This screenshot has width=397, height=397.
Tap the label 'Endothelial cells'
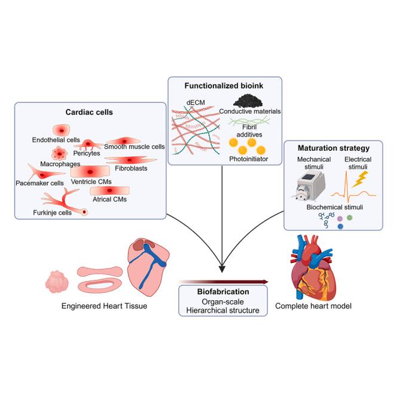(x=57, y=140)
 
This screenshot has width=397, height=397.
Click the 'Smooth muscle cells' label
(x=135, y=146)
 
